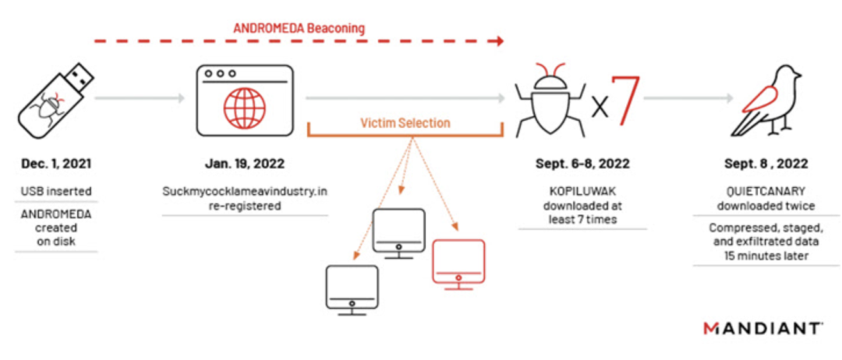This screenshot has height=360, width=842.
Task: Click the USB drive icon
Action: tap(51, 97)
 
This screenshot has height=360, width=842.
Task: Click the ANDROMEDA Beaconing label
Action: tap(299, 28)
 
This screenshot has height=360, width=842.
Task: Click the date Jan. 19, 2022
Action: tap(244, 164)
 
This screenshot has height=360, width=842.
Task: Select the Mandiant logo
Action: tap(761, 328)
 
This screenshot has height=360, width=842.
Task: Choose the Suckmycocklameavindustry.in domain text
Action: tap(244, 191)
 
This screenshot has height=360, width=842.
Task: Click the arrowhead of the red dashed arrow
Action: tap(499, 40)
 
